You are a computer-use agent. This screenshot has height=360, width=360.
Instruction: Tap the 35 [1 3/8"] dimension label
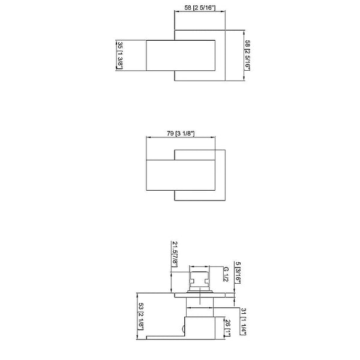point(120,55)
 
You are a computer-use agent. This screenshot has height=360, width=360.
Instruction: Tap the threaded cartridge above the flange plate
point(199,280)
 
